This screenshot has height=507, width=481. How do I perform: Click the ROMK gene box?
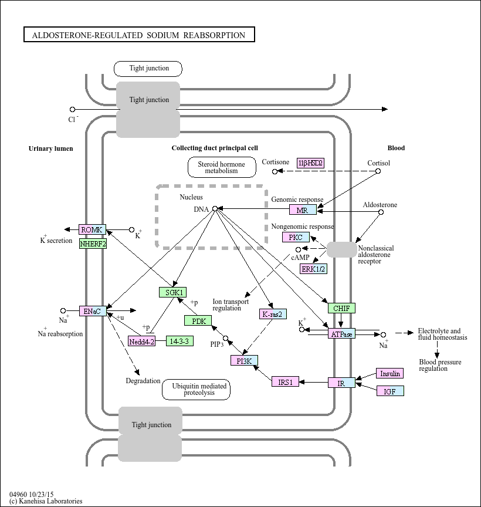pyautogui.click(x=93, y=229)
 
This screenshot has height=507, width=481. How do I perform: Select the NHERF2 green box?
pyautogui.click(x=93, y=243)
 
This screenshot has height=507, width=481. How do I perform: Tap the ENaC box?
pyautogui.click(x=93, y=311)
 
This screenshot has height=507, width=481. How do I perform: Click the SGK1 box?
pyautogui.click(x=172, y=292)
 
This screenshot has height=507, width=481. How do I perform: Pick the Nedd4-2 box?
pyautogui.click(x=141, y=342)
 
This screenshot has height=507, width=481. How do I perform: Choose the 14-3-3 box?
pyautogui.click(x=180, y=341)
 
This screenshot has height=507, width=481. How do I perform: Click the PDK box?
pyautogui.click(x=198, y=320)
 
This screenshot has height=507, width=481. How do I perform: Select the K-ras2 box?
pyautogui.click(x=273, y=314)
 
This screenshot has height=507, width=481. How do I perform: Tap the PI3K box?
pyautogui.click(x=244, y=361)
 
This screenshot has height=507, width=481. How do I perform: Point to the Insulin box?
pyautogui.click(x=390, y=374)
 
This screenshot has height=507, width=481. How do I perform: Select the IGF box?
pyautogui.click(x=390, y=391)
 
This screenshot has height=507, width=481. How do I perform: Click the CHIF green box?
pyautogui.click(x=341, y=308)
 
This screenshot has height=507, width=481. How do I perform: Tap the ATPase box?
pyautogui.click(x=341, y=334)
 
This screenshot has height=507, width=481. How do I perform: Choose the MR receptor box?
pyautogui.click(x=303, y=210)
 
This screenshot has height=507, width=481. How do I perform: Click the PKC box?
pyautogui.click(x=296, y=238)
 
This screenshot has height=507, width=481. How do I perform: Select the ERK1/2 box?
pyautogui.click(x=314, y=269)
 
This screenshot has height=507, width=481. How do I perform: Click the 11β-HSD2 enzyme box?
pyautogui.click(x=310, y=163)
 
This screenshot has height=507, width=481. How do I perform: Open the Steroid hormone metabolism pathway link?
pyautogui.click(x=222, y=167)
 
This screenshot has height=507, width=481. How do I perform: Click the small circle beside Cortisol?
pyautogui.click(x=378, y=171)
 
